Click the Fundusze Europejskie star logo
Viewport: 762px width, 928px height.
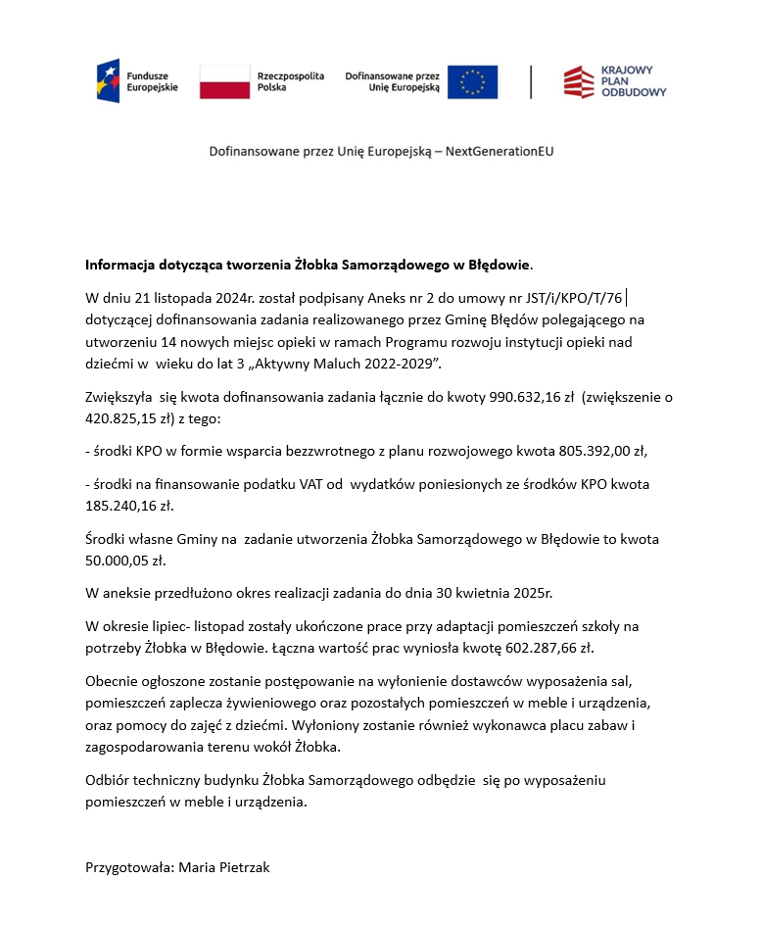tap(109, 80)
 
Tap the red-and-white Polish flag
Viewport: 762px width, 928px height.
tap(224, 81)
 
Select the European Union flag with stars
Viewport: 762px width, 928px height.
tap(472, 81)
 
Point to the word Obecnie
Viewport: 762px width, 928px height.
tap(113, 681)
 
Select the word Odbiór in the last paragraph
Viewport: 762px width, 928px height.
tap(108, 780)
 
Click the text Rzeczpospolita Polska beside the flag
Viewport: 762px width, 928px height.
tap(290, 81)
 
